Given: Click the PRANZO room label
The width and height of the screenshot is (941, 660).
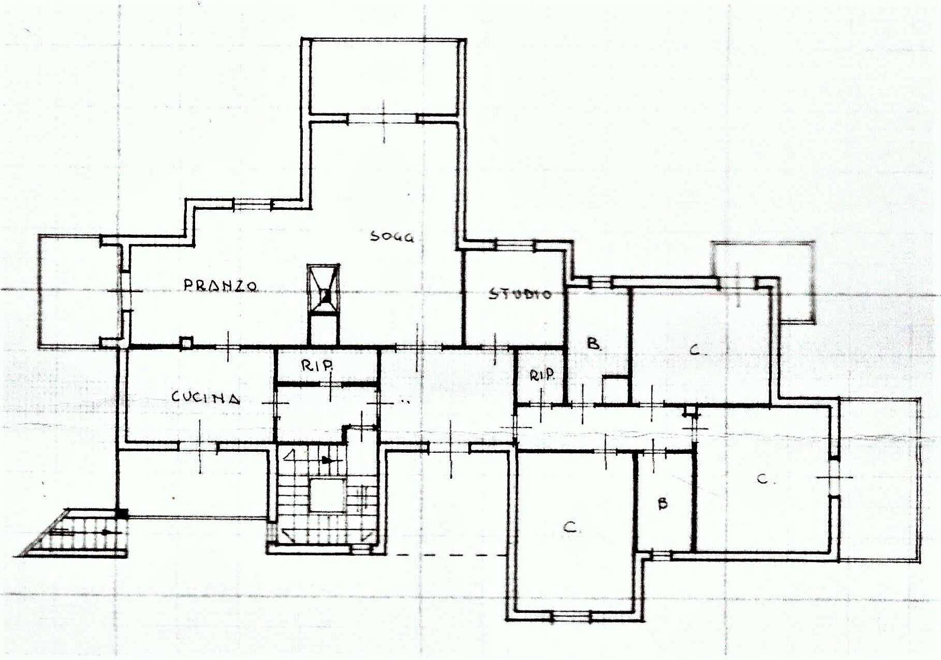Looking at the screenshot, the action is pyautogui.click(x=220, y=285).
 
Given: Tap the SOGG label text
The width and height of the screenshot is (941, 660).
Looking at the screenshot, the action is pyautogui.click(x=392, y=237).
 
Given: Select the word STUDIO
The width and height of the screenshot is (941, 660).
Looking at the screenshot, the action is pyautogui.click(x=520, y=294).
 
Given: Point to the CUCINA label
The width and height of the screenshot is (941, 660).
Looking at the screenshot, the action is pyautogui.click(x=206, y=397).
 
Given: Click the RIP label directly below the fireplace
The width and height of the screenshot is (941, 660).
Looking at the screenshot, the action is pyautogui.click(x=317, y=366).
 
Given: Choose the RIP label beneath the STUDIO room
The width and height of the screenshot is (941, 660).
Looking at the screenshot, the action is pyautogui.click(x=541, y=375).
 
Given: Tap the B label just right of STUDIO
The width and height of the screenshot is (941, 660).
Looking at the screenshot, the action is pyautogui.click(x=594, y=343).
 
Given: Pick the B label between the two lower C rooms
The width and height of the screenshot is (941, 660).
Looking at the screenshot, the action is pyautogui.click(x=663, y=503).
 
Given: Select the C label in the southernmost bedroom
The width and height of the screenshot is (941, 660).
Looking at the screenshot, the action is pyautogui.click(x=570, y=527).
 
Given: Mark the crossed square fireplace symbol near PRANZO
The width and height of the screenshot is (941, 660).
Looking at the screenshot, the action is pyautogui.click(x=324, y=290).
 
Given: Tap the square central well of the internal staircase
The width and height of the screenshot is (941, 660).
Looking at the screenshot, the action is pyautogui.click(x=328, y=495).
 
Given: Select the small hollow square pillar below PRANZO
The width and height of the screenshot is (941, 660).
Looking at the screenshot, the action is pyautogui.click(x=186, y=342).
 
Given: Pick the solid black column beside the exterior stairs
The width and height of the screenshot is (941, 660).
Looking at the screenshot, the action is pyautogui.click(x=122, y=513).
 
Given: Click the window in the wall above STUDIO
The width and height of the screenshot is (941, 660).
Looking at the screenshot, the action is pyautogui.click(x=515, y=245).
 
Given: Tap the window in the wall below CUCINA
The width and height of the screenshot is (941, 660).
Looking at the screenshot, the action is pyautogui.click(x=198, y=446).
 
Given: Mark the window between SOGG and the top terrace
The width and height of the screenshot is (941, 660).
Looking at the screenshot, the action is pyautogui.click(x=383, y=119).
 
